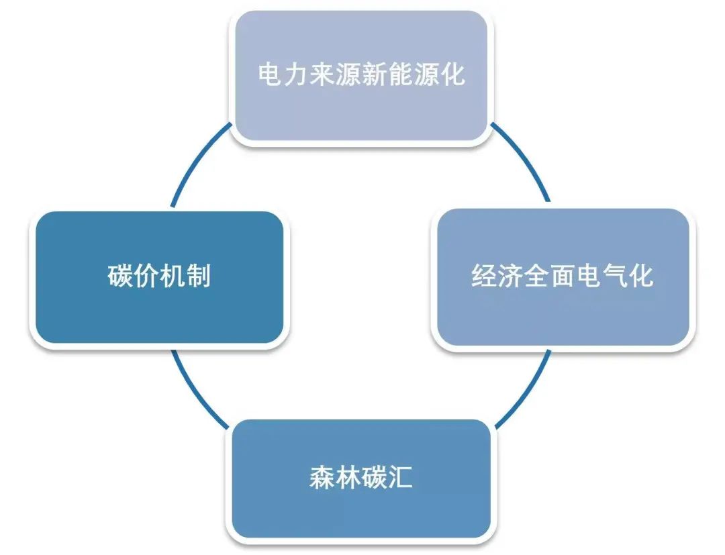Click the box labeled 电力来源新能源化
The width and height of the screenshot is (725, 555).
click(x=360, y=75)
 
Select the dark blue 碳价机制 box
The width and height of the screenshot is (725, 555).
click(x=159, y=277)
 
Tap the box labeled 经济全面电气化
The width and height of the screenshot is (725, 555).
click(x=563, y=277)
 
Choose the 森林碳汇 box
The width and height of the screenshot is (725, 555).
click(x=360, y=478)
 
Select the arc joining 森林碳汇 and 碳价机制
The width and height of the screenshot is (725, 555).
click(x=194, y=396)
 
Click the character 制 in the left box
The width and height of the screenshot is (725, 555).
click(x=199, y=276)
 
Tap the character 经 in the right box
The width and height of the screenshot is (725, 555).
click(x=483, y=276)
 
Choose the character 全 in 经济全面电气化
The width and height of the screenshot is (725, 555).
click(x=536, y=276)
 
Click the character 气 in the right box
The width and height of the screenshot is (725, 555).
click(x=615, y=276)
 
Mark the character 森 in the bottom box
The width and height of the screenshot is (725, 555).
click(x=322, y=477)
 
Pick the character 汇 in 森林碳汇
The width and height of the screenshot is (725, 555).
click(x=400, y=477)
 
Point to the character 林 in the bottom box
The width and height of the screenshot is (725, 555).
click(x=348, y=477)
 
